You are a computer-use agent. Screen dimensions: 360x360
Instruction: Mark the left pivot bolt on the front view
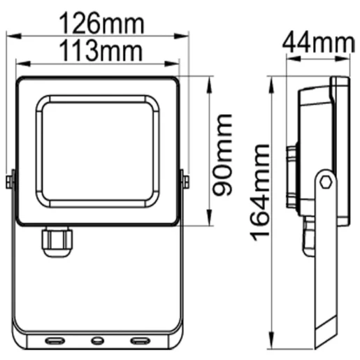pyautogui.click(x=10, y=181)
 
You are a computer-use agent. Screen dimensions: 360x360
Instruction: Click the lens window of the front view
pyautogui.click(x=98, y=150)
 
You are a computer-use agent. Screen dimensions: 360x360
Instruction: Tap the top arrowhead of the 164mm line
pyautogui.click(x=273, y=78)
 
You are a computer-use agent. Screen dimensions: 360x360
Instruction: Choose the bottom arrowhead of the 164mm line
pyautogui.click(x=273, y=347)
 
